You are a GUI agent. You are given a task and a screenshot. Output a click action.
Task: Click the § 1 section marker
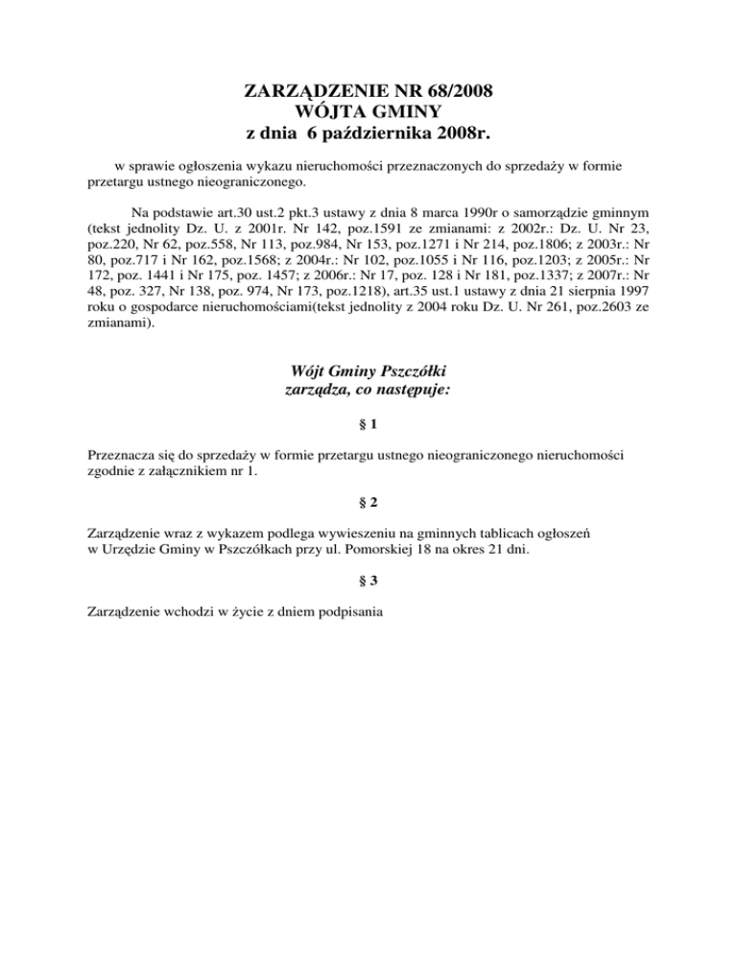coord(368,423)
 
